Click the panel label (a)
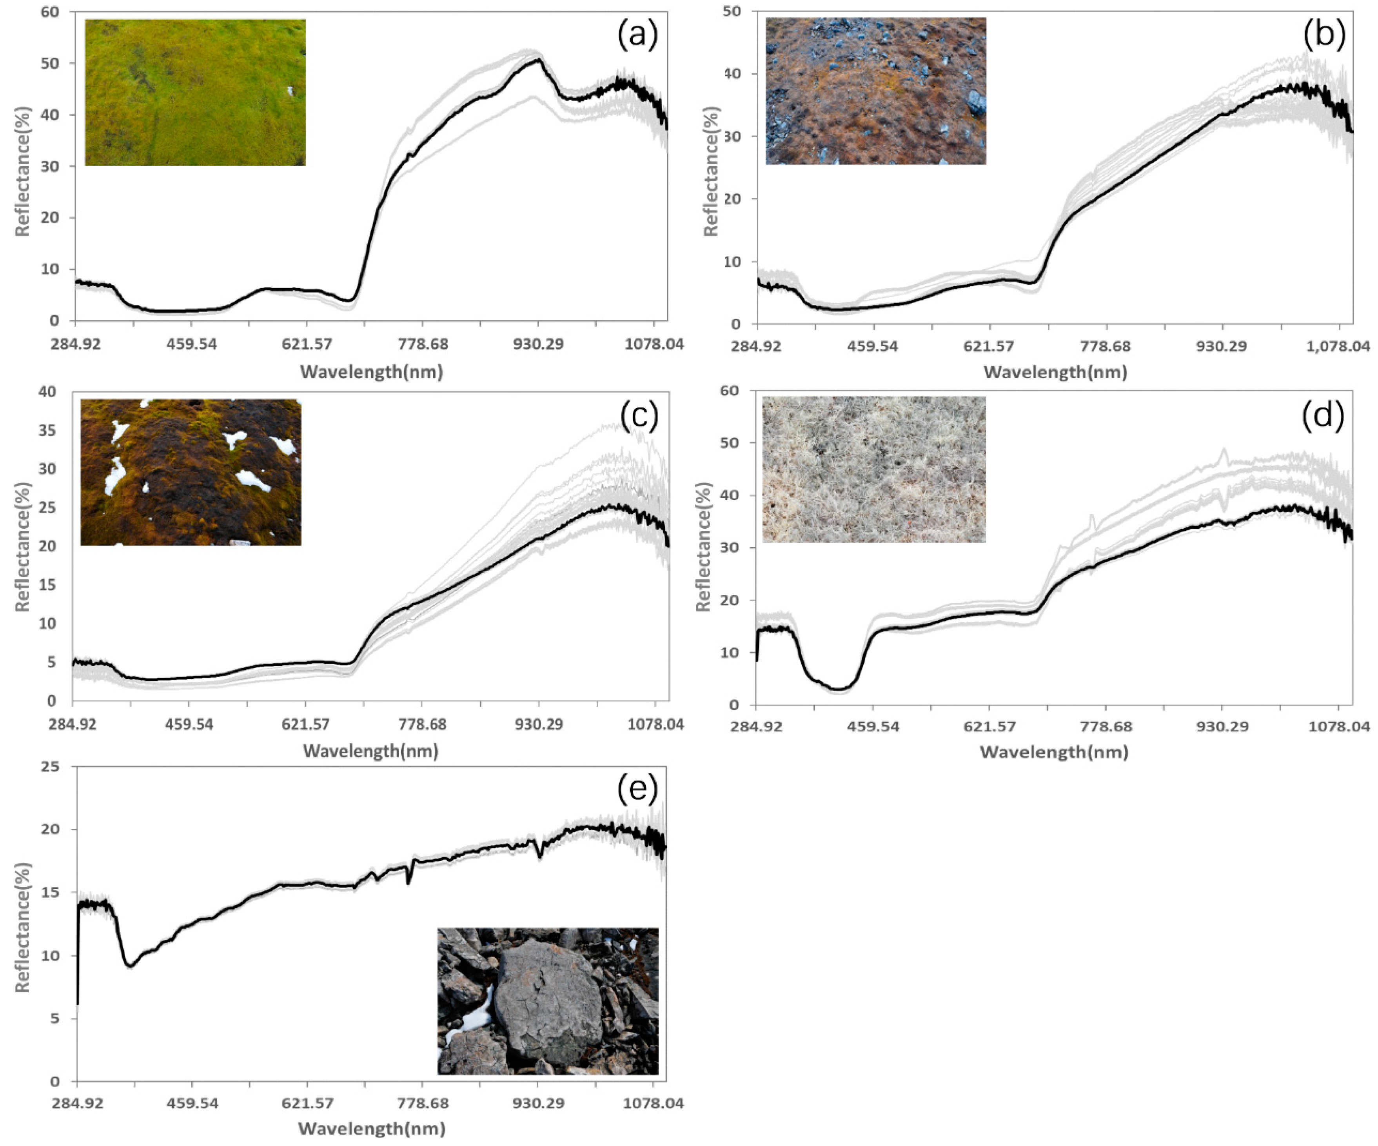point(637,35)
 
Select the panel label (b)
point(1324,35)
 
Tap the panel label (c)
point(639,415)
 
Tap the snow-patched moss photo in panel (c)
point(190,472)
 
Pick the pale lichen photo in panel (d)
point(873,469)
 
